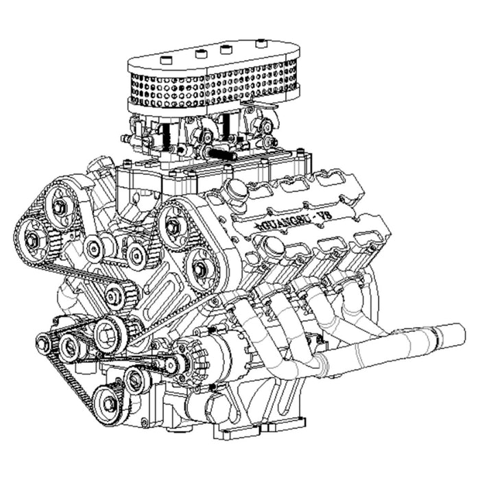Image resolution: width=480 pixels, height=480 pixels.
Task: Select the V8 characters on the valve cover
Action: pyautogui.click(x=319, y=217)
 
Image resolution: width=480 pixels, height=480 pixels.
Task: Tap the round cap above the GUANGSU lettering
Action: pyautogui.click(x=236, y=191)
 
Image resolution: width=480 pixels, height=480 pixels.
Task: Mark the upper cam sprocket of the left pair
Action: pyautogui.click(x=60, y=206)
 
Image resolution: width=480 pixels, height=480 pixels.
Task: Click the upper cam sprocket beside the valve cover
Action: pyautogui.click(x=173, y=224)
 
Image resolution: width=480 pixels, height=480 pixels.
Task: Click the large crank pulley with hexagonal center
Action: pyautogui.click(x=108, y=334)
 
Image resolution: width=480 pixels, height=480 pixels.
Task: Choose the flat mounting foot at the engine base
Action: pyautogui.click(x=237, y=432)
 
